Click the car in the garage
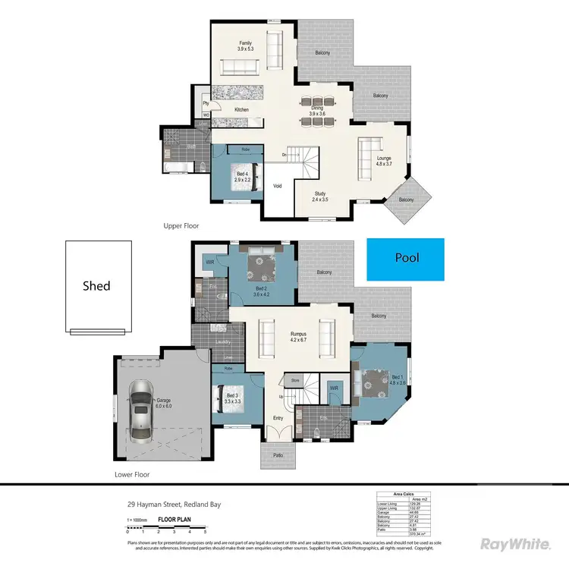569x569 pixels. [x=140, y=409]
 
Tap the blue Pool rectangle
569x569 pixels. [x=405, y=258]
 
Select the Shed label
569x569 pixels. [x=96, y=286]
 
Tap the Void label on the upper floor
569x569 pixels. [x=278, y=186]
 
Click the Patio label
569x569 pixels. [x=272, y=456]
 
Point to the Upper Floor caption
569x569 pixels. [x=181, y=226]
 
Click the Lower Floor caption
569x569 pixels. [x=132, y=474]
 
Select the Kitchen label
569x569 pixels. [x=241, y=110]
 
